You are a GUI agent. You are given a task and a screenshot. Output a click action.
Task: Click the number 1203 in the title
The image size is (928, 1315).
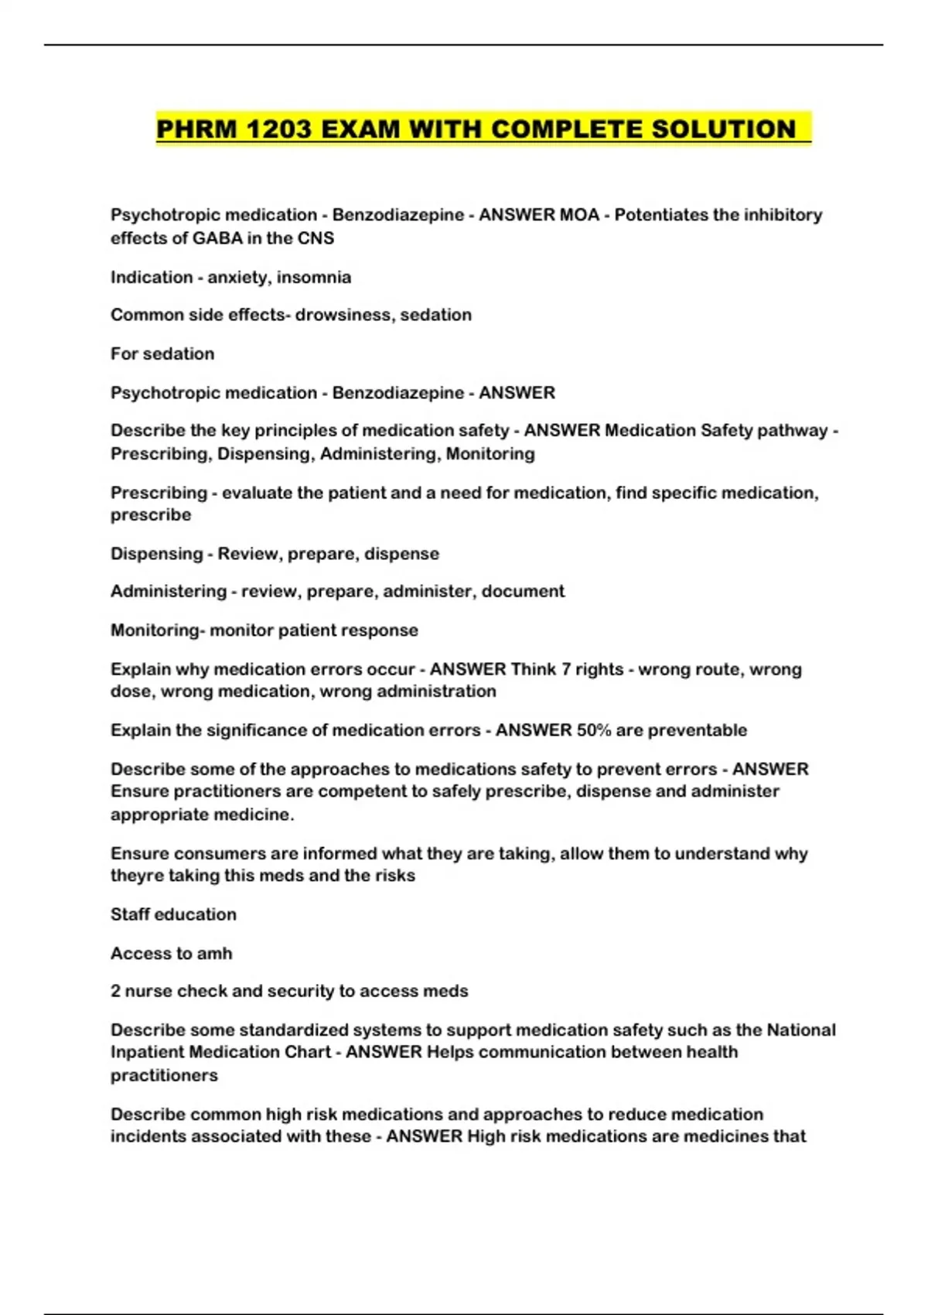click(x=279, y=129)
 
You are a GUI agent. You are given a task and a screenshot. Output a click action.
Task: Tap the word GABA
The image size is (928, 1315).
click(x=217, y=238)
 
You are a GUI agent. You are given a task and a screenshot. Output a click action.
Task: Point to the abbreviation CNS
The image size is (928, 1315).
click(x=316, y=238)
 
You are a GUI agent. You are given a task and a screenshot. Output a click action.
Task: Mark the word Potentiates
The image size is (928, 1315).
click(x=660, y=215)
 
